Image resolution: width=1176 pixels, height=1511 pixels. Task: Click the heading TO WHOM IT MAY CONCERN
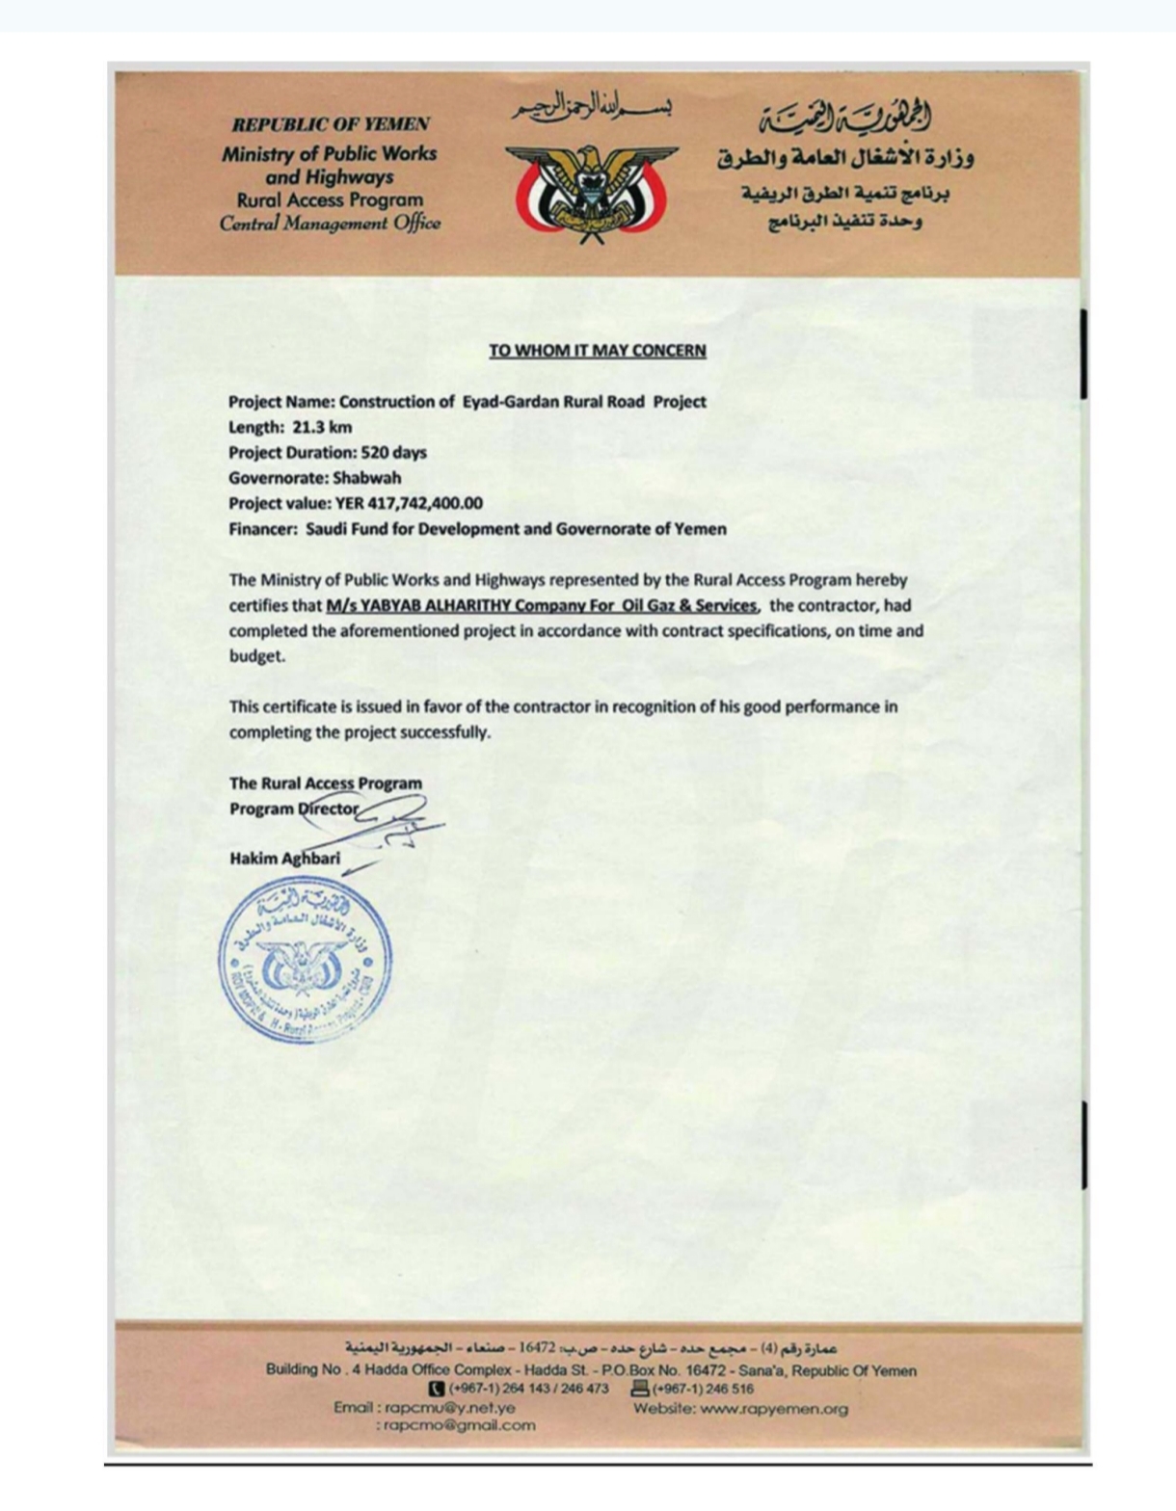pyautogui.click(x=597, y=351)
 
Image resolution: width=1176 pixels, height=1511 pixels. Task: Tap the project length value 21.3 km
pyautogui.click(x=322, y=427)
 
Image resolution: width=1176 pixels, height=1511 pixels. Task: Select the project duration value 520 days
pyautogui.click(x=393, y=452)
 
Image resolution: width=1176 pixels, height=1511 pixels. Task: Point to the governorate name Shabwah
pyautogui.click(x=366, y=477)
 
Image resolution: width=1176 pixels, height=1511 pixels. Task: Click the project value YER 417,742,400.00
pyautogui.click(x=409, y=503)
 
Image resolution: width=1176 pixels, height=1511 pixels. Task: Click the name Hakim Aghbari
pyautogui.click(x=284, y=858)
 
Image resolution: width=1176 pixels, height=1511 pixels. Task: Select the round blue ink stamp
pyautogui.click(x=306, y=962)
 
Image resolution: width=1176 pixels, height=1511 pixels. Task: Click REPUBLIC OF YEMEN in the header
pyautogui.click(x=331, y=124)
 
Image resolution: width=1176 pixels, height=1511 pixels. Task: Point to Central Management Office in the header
pyautogui.click(x=330, y=224)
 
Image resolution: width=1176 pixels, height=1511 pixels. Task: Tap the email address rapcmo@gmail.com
pyautogui.click(x=459, y=1425)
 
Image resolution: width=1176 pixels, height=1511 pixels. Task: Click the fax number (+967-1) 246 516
pyautogui.click(x=703, y=1389)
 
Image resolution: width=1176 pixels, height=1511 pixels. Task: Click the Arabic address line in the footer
pyautogui.click(x=591, y=1347)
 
